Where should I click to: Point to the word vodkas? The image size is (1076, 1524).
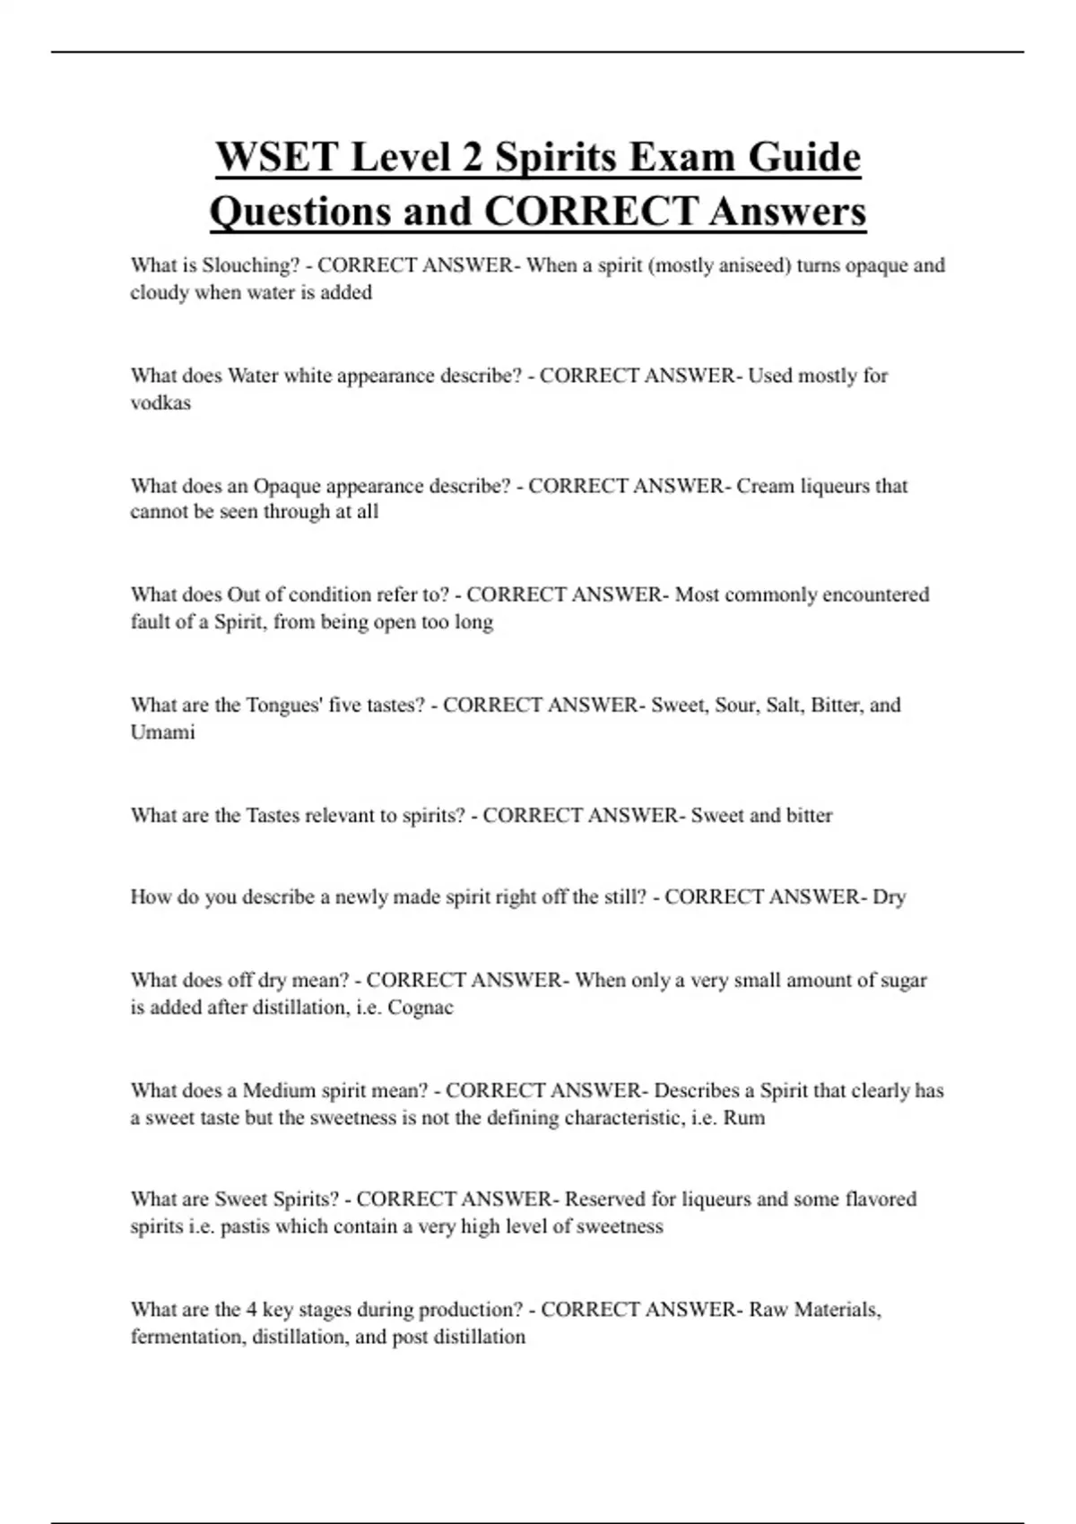coord(161,403)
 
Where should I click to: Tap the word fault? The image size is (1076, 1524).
coord(149,622)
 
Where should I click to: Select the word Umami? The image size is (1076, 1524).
coord(162,732)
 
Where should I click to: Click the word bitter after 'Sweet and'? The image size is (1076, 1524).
coord(809,816)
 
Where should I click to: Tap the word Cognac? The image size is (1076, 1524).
coord(421,1008)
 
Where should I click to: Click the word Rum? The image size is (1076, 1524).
coord(744,1118)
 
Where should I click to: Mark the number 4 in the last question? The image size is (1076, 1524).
coord(252,1310)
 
